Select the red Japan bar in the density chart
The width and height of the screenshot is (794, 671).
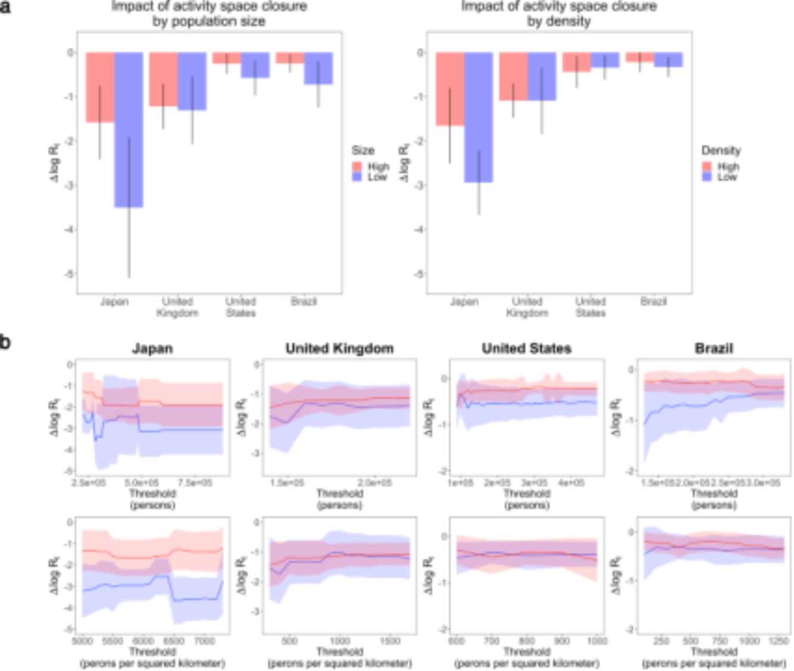click(x=449, y=89)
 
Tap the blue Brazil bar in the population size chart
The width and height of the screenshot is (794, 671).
click(x=318, y=68)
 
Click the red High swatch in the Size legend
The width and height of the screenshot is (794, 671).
click(x=357, y=166)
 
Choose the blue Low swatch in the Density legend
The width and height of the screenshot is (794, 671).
click(x=707, y=177)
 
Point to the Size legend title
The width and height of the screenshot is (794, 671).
click(x=363, y=150)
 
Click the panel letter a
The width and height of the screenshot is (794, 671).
click(x=5, y=7)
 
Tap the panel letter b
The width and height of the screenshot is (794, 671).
click(x=5, y=342)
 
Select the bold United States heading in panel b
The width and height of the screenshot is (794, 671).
click(x=526, y=348)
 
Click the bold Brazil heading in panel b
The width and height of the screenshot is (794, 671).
click(x=714, y=348)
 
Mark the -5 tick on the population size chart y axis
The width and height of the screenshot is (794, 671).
click(x=70, y=274)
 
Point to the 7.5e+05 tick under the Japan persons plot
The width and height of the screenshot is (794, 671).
click(x=195, y=483)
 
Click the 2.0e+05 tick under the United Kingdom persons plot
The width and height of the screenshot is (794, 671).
click(x=375, y=483)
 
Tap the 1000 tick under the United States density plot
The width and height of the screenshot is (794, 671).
click(x=597, y=641)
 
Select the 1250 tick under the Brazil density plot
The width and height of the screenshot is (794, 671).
click(x=779, y=641)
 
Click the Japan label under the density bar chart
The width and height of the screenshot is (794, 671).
click(x=464, y=302)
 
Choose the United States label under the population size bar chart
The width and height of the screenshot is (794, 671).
click(x=240, y=307)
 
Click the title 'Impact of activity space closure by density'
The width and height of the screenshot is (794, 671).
click(x=559, y=14)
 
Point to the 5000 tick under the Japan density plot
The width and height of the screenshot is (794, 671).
click(x=82, y=641)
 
